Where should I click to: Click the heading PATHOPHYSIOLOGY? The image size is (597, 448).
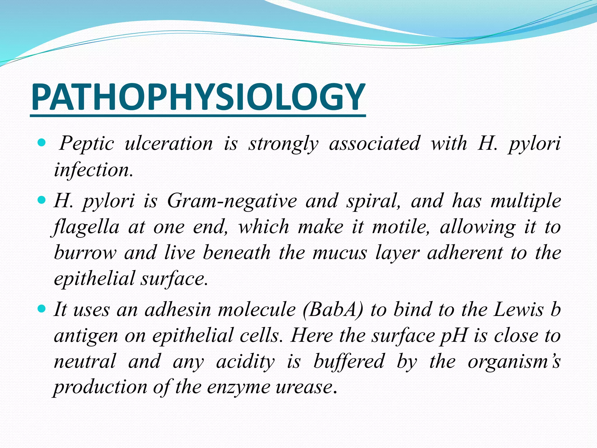(198, 97)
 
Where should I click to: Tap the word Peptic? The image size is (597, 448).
(87, 144)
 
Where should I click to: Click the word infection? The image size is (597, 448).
(93, 170)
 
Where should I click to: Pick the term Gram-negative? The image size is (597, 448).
(232, 201)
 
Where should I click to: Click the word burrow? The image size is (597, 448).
(85, 253)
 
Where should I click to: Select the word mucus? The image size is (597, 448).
(340, 253)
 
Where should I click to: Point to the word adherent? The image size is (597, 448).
(465, 253)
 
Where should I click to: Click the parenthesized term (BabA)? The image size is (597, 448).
(333, 309)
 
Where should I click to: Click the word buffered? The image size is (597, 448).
(349, 361)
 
